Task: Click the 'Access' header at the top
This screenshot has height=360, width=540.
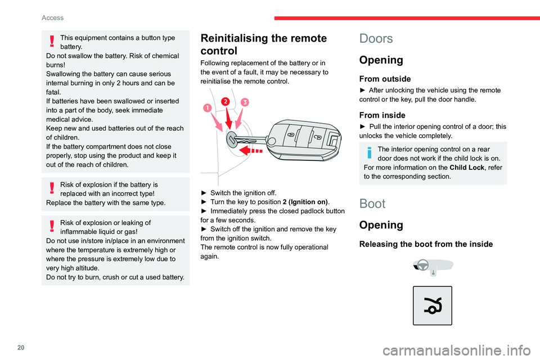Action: [52, 17]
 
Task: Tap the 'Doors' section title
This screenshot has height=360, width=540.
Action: [377, 38]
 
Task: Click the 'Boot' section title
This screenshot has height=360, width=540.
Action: [372, 203]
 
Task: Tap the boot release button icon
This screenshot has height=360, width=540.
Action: [432, 305]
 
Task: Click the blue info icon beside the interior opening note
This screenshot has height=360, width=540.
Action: [368, 152]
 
